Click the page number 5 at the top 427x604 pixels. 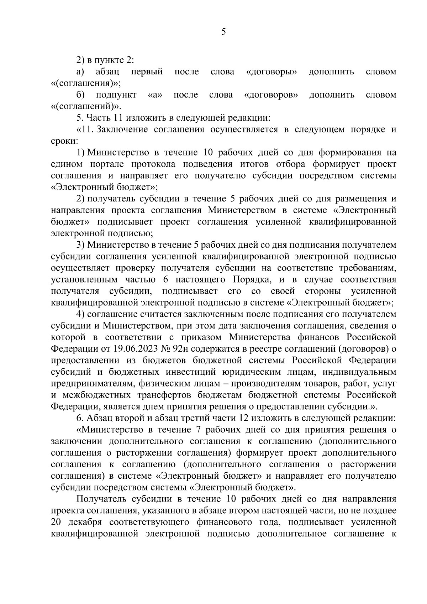coord(223,32)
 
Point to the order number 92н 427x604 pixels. coord(191,348)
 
